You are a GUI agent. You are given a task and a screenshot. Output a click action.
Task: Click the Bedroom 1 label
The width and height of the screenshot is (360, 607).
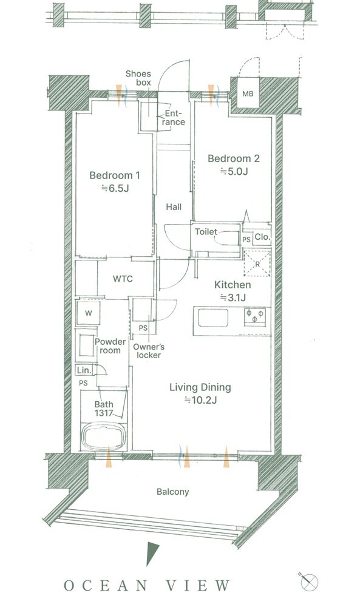point(115,175)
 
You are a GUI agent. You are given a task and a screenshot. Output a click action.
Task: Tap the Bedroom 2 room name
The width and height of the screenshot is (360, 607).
point(233,158)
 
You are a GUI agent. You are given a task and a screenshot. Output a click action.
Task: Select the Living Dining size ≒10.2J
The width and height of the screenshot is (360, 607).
point(200,400)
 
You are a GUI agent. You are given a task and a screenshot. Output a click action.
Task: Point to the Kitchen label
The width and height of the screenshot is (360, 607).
point(233,285)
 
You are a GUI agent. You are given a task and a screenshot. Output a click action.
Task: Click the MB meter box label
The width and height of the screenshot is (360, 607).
point(248,93)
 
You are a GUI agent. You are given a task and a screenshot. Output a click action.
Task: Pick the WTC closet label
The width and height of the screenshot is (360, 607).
point(123,279)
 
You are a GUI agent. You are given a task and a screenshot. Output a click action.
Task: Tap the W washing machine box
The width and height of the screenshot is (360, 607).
point(88,313)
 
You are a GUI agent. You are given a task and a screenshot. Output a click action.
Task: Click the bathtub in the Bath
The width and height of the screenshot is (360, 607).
point(103,436)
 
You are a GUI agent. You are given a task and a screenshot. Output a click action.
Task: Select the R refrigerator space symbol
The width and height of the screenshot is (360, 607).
point(257,263)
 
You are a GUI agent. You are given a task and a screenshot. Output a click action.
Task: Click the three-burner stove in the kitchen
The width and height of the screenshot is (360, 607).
point(255,314)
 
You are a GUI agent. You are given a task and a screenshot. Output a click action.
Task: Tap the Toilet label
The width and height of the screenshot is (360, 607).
point(206,231)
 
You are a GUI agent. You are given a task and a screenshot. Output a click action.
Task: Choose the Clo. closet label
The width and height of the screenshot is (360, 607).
point(262,237)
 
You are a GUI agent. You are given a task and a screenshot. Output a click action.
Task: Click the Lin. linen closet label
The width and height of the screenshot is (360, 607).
point(84,370)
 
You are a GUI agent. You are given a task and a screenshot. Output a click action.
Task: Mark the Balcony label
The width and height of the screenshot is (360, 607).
point(173,492)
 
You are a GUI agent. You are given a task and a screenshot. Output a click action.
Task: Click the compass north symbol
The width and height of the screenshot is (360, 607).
point(311,582)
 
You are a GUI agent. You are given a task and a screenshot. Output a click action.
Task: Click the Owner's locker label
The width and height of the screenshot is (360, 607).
point(149,351)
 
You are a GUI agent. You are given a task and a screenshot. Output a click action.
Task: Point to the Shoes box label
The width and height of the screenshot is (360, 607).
point(138,78)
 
